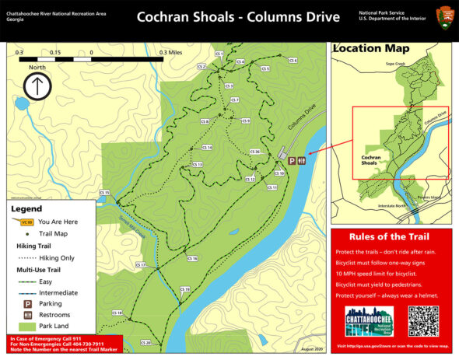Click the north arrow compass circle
[x=37, y=86]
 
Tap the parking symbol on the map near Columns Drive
[x=293, y=161]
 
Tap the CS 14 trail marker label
[x=207, y=147]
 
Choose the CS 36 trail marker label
[x=254, y=151]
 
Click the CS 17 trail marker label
[x=142, y=265]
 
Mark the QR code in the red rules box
[x=424, y=321]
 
